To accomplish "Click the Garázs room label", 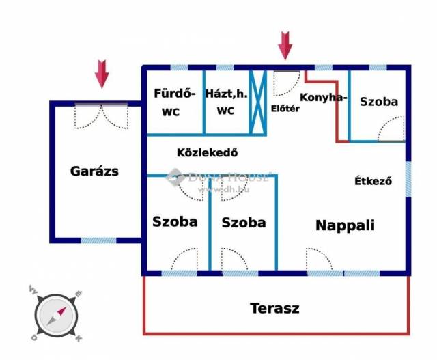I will [x=94, y=171].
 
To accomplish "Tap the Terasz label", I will [x=274, y=308].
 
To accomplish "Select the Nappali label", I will [x=345, y=225].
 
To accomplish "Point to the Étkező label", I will [x=373, y=181].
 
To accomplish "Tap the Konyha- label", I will [x=324, y=97].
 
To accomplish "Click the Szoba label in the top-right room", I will [x=379, y=101].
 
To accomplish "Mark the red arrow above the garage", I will [x=102, y=74].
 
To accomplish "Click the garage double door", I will [x=101, y=115].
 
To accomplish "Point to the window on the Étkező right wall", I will [x=408, y=179].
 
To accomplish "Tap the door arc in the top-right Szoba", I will [x=392, y=129].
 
